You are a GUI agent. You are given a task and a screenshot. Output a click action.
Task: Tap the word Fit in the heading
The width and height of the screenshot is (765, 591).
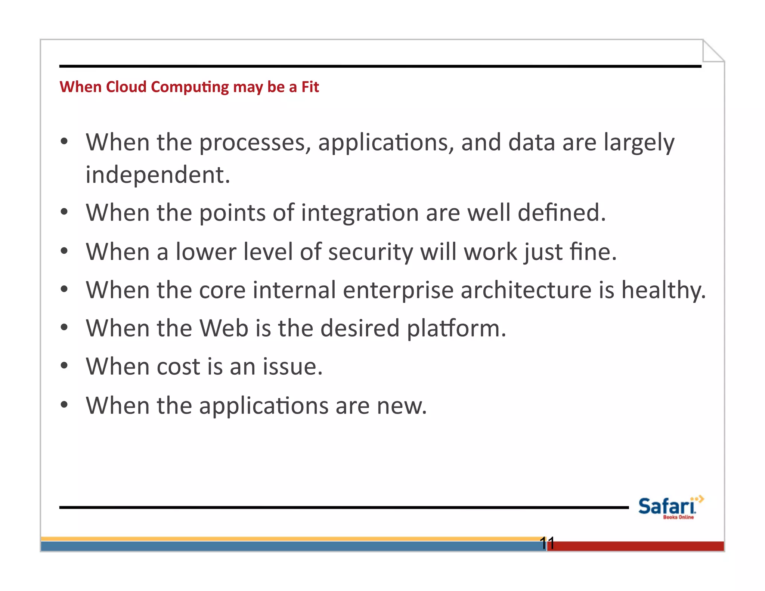[310, 87]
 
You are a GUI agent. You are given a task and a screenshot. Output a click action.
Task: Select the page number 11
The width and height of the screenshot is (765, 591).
[547, 543]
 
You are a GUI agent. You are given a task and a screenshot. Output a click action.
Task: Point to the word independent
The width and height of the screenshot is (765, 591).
[157, 175]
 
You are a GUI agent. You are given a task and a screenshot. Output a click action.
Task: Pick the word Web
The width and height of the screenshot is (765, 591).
[224, 328]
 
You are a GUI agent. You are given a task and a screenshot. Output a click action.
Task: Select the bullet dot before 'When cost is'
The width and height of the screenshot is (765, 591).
[64, 366]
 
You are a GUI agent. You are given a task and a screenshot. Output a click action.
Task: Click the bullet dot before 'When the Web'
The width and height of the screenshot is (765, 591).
[64, 327]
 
